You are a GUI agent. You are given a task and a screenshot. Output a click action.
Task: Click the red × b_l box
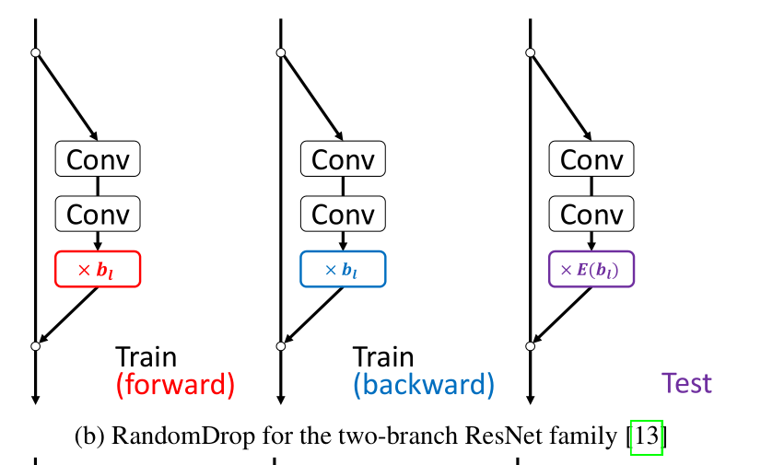coord(98,269)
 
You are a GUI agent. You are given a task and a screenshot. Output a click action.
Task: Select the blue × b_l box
coord(343,269)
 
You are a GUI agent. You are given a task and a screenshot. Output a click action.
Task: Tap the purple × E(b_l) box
coord(591,269)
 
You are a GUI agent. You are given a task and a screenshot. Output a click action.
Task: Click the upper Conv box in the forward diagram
coord(98,159)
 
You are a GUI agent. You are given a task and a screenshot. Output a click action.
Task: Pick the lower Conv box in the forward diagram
coord(98,214)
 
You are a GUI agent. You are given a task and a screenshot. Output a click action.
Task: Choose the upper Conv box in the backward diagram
coord(343,159)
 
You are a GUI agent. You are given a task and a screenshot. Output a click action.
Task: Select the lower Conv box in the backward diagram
coord(343,214)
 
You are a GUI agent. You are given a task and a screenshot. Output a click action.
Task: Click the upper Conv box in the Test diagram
coord(591,159)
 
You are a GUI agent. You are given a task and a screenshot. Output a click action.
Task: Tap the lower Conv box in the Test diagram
coord(591,214)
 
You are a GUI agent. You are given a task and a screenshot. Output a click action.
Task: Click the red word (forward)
coord(175,384)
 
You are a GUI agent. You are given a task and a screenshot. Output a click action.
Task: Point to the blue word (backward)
coord(423,384)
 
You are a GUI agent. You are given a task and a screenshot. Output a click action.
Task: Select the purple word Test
coord(686,383)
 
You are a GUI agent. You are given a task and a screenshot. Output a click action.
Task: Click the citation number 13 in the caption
coord(647,436)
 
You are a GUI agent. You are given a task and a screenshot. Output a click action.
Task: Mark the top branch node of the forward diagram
coord(35,52)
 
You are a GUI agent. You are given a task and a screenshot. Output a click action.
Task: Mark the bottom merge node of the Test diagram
coord(530,346)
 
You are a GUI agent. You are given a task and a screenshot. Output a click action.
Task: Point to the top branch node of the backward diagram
coord(281,52)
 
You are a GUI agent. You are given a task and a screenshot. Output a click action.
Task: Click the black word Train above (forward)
coord(146,356)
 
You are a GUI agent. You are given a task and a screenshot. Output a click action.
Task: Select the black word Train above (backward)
coord(383,356)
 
